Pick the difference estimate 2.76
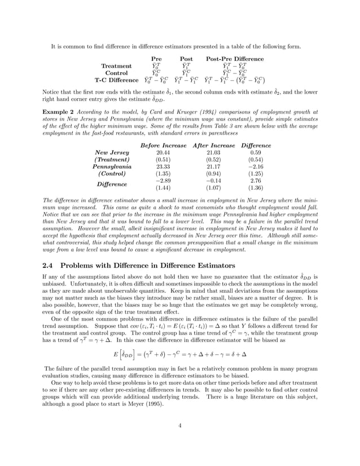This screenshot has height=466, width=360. click(255, 181)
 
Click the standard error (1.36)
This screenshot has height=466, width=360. click(255, 188)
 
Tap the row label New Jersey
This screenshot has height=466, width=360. click(112, 152)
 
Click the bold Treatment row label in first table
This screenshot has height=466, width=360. click(116, 66)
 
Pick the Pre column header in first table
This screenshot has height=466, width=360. click(157, 59)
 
